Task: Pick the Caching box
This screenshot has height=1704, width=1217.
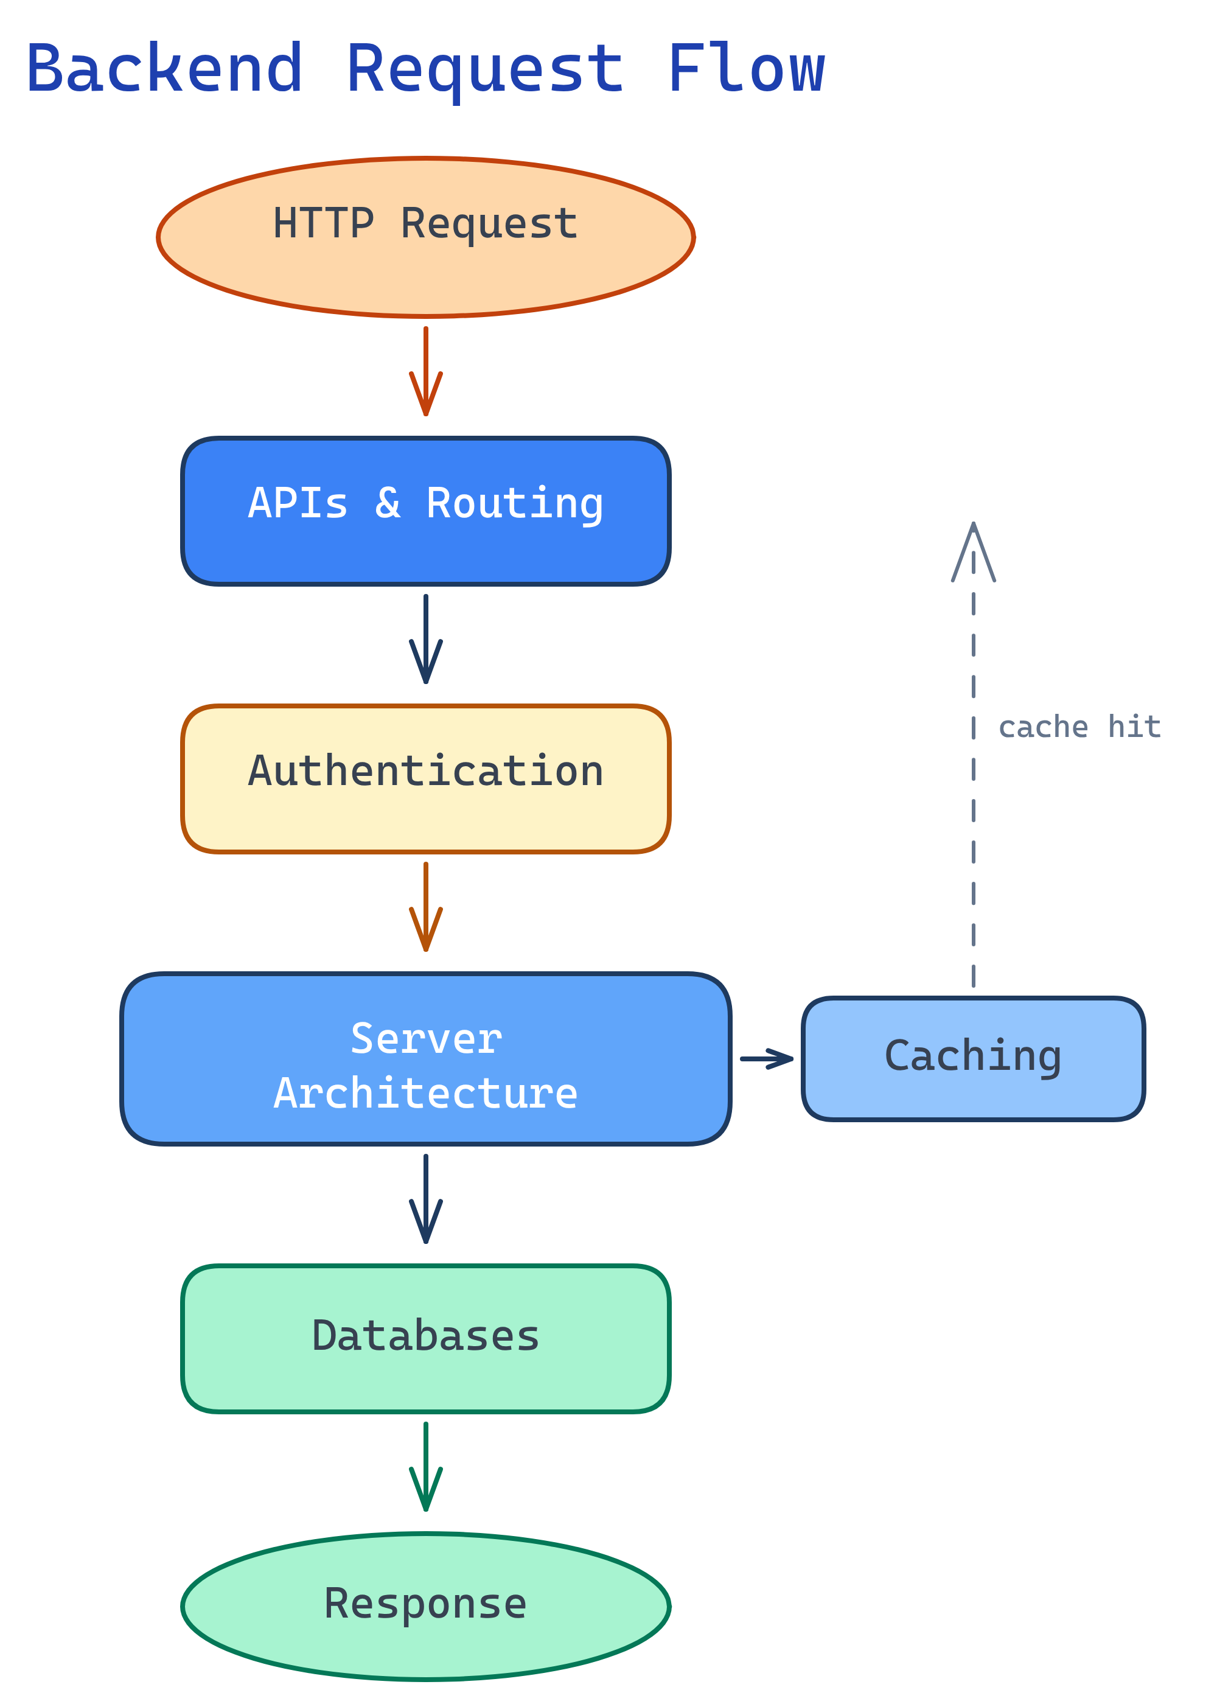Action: (x=973, y=1058)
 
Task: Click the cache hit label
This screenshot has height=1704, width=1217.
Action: (x=1079, y=727)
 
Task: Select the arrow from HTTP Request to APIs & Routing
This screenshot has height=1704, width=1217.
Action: (x=426, y=371)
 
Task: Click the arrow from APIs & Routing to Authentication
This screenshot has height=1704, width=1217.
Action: (x=426, y=638)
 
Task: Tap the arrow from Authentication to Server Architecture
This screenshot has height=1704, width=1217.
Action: (x=426, y=906)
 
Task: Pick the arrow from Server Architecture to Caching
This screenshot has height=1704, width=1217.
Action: (x=766, y=1058)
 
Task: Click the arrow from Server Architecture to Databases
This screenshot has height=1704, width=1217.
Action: (x=426, y=1198)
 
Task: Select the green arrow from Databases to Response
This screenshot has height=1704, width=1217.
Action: (x=426, y=1465)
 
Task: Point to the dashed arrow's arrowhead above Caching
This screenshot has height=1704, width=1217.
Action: (x=973, y=551)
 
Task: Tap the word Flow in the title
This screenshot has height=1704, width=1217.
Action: (x=745, y=69)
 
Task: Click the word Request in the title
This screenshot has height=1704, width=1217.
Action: (x=485, y=69)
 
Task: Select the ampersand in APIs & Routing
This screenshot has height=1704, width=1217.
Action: (x=388, y=503)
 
